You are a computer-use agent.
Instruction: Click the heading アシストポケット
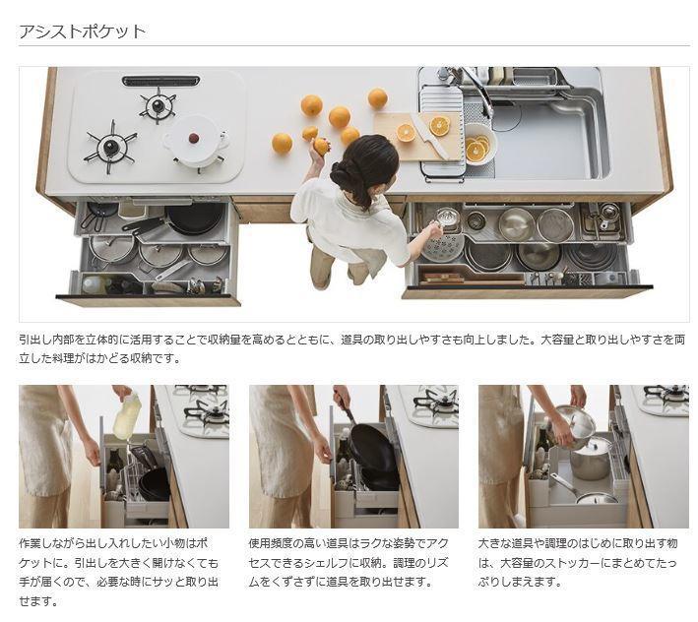[x=83, y=31]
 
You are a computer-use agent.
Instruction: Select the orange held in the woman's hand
[x=321, y=147]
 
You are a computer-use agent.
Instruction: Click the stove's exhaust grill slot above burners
[x=160, y=81]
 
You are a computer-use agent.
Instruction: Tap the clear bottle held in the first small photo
[x=127, y=417]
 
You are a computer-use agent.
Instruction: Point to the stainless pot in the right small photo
[x=590, y=459]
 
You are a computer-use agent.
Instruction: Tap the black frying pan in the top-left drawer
[x=193, y=218]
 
